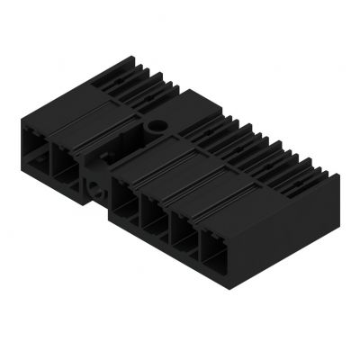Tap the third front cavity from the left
pyautogui.click(x=127, y=196)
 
